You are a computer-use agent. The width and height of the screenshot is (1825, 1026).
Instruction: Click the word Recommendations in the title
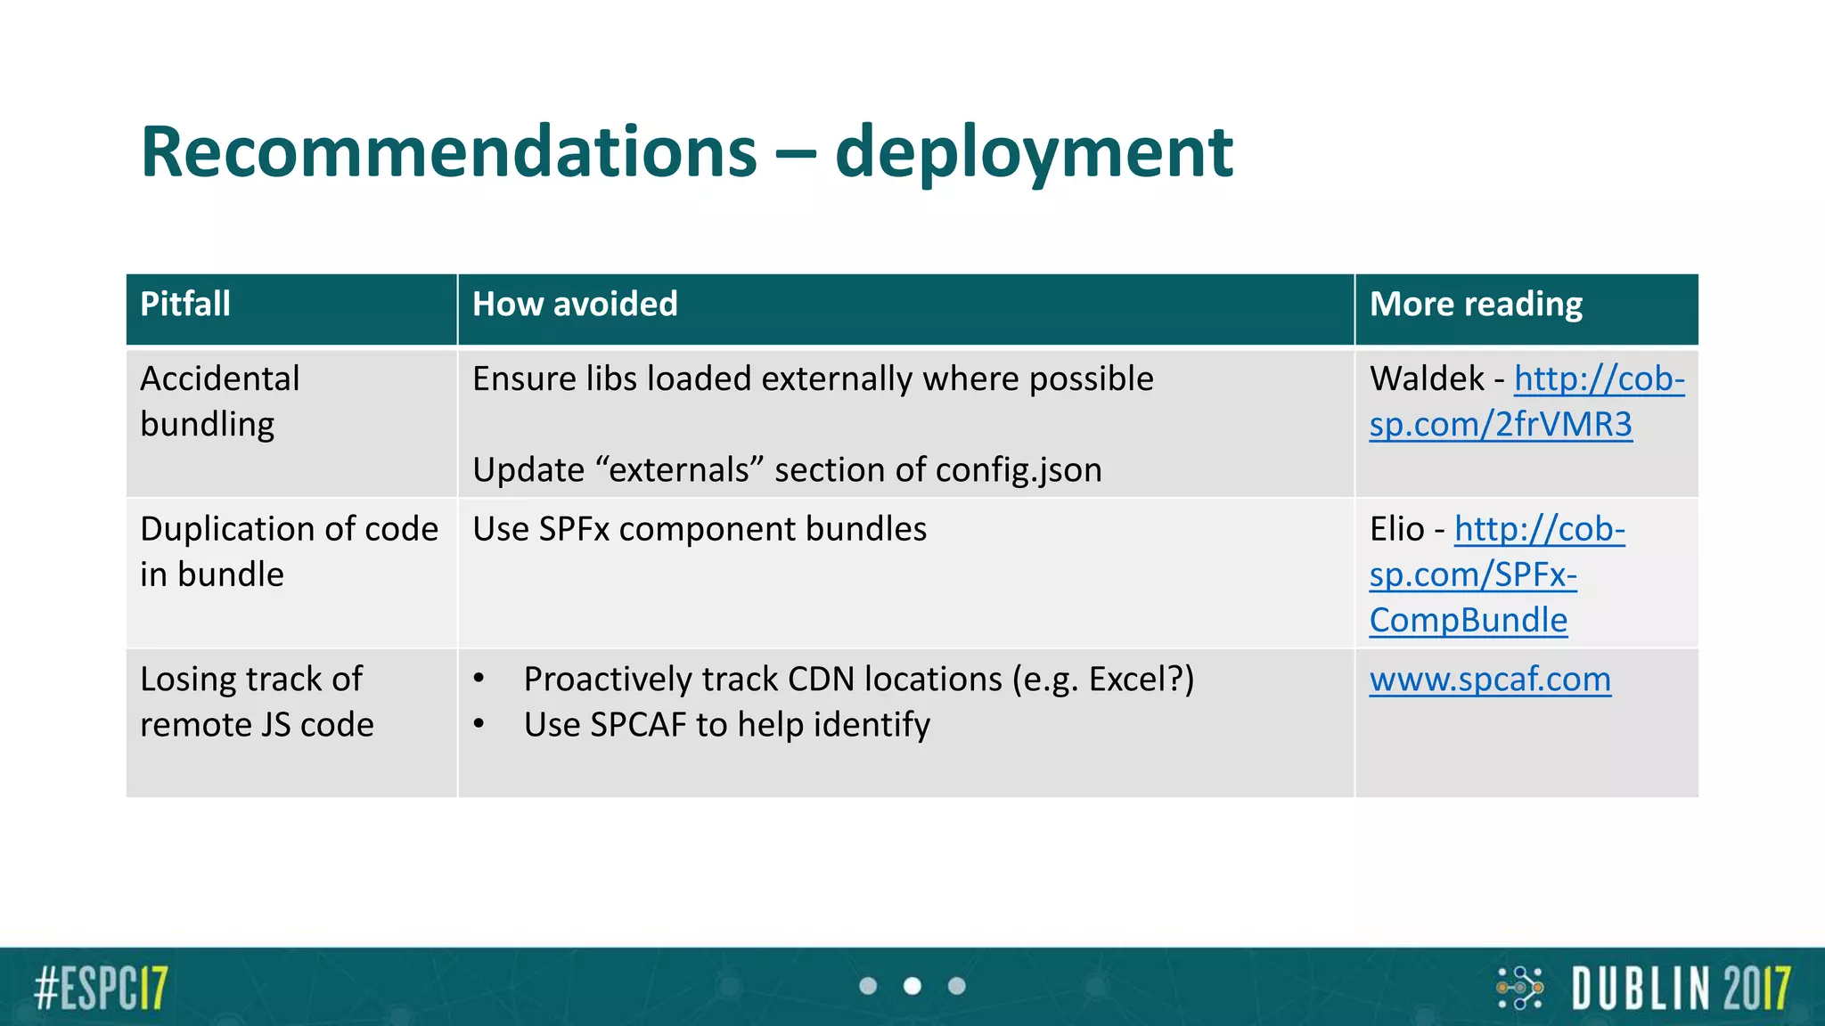[x=448, y=153]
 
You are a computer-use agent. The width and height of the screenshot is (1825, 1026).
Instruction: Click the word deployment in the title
[x=1034, y=153]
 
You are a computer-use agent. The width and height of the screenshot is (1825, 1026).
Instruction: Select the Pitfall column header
[x=185, y=305]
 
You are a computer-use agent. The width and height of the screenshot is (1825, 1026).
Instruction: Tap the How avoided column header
[x=575, y=305]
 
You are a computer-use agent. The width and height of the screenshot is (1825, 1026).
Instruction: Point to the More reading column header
[x=1476, y=305]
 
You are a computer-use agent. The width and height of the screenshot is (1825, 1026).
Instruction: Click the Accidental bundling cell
[x=220, y=402]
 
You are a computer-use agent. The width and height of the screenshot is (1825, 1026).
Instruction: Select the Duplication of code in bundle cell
[x=289, y=551]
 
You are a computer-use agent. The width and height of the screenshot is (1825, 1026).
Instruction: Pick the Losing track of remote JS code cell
[x=257, y=702]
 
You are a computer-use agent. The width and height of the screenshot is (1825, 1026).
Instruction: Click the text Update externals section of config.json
[x=787, y=470]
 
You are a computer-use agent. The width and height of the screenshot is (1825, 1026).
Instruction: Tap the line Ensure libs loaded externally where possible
[x=813, y=379]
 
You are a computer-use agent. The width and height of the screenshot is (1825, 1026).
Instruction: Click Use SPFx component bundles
[x=700, y=529]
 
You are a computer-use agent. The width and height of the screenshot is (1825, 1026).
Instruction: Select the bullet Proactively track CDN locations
[x=858, y=680]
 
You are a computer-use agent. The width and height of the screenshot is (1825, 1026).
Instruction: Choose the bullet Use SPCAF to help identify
[x=726, y=725]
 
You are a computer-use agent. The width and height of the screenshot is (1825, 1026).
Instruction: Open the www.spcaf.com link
[x=1490, y=680]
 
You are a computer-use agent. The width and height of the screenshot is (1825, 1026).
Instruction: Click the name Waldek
[x=1427, y=379]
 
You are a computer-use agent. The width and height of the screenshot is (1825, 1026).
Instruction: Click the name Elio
[x=1396, y=529]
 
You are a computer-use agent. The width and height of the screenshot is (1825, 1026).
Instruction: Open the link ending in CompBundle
[x=1468, y=621]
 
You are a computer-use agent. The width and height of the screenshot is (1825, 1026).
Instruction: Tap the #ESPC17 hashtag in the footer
[x=101, y=988]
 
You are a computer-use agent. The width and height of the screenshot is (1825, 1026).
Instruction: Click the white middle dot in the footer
[x=912, y=986]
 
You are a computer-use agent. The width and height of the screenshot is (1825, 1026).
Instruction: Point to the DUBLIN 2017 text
[x=1680, y=988]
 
